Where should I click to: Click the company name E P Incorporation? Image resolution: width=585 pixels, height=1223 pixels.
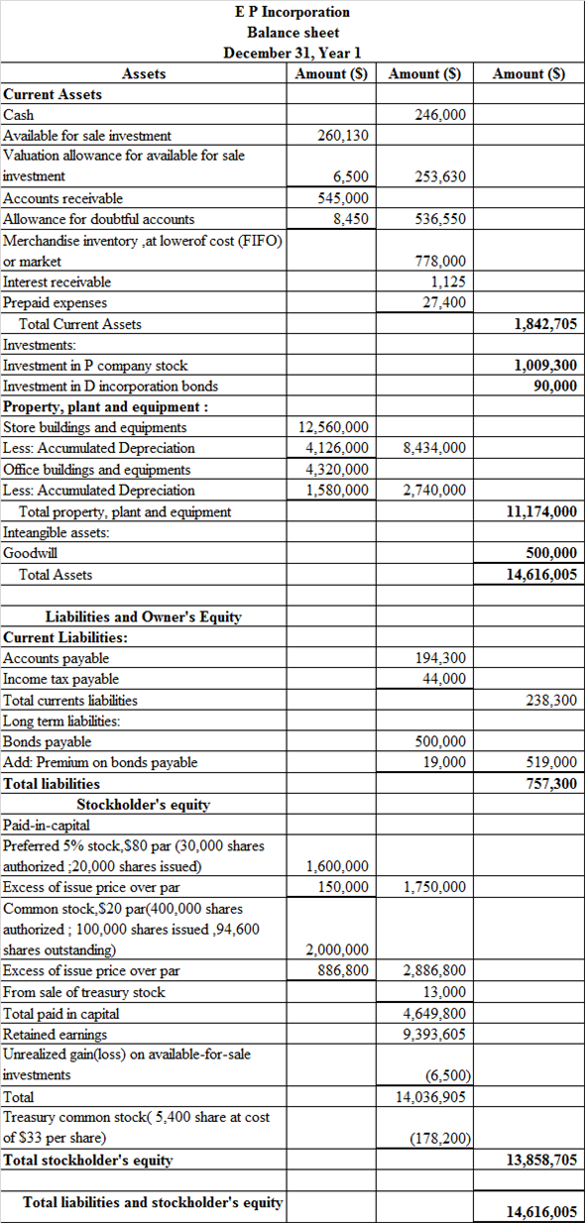[292, 12]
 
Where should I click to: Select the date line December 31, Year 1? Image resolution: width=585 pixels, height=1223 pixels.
[292, 53]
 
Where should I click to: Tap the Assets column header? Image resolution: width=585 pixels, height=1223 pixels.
[144, 73]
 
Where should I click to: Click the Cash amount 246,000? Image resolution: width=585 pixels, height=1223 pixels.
[439, 115]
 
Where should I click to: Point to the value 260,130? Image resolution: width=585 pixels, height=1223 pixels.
[343, 136]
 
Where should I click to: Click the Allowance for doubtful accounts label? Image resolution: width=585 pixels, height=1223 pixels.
[99, 219]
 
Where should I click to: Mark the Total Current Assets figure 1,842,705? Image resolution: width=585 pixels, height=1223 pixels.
[545, 324]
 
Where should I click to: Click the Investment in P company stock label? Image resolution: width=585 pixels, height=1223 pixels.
[95, 366]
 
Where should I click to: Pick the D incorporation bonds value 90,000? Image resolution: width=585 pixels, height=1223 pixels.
[555, 386]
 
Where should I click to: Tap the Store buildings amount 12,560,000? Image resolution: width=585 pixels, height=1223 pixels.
[336, 427]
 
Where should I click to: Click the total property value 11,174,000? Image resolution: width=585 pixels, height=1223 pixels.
[541, 511]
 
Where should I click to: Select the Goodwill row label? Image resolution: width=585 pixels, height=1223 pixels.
[29, 553]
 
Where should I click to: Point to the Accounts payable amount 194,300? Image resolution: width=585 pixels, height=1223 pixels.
[439, 658]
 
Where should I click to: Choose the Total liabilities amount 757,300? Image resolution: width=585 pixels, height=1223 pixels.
[551, 784]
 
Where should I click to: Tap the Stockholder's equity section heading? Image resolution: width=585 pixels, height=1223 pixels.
[144, 804]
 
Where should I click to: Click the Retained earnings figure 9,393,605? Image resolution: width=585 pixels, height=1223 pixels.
[435, 1035]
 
